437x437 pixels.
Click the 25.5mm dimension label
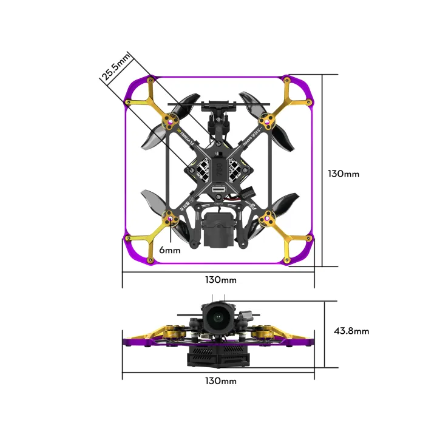(x=116, y=67)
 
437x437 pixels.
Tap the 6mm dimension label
(x=170, y=250)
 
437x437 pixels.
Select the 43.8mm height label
(x=351, y=331)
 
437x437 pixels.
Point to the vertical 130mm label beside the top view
(x=344, y=174)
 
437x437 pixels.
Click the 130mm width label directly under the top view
(x=220, y=280)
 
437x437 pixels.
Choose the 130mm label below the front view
(x=220, y=381)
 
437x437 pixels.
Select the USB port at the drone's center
(x=218, y=194)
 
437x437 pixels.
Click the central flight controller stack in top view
(x=218, y=165)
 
